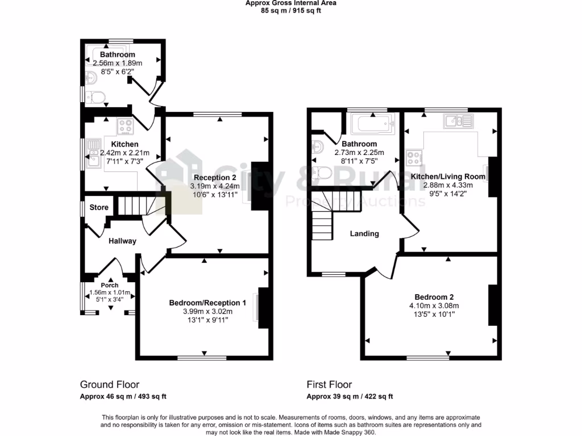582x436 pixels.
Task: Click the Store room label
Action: coord(99,207)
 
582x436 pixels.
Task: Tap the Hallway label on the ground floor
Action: coord(123,241)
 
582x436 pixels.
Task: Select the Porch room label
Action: coord(109,285)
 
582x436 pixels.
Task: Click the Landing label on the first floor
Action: coord(364,233)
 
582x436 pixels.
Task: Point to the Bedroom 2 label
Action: coord(434,297)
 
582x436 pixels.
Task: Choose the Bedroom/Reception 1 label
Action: coord(207,303)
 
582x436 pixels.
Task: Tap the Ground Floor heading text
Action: coord(110,384)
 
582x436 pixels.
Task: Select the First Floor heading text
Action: coord(329,384)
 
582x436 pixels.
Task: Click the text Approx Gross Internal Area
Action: coord(290,3)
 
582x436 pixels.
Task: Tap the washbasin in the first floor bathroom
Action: coord(317,148)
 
